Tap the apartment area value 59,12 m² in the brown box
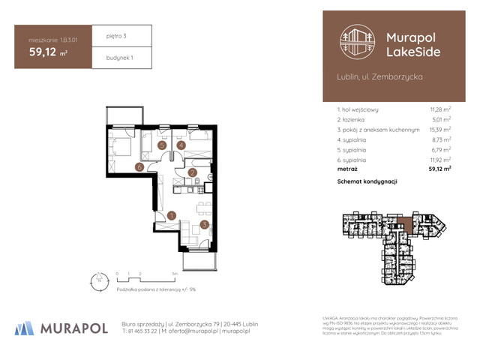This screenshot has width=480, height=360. pyautogui.click(x=49, y=52)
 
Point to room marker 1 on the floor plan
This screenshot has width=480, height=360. pyautogui.click(x=171, y=216)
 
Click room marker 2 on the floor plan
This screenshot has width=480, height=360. pyautogui.click(x=192, y=173)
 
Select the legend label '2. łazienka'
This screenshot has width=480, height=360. pyautogui.click(x=352, y=119)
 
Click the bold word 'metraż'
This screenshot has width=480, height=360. pyautogui.click(x=348, y=169)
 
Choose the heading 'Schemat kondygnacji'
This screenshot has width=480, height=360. pyautogui.click(x=367, y=181)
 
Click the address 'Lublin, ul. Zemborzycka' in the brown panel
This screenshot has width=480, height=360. pyautogui.click(x=379, y=77)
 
